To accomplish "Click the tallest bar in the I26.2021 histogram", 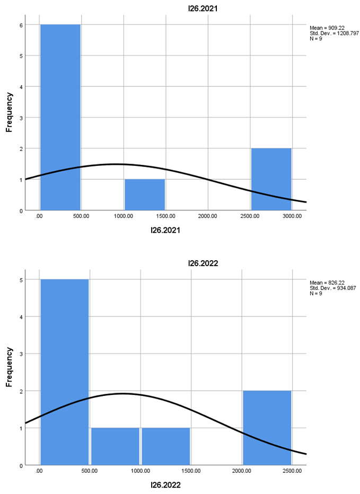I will [x=60, y=117].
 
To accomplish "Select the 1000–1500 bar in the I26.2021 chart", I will [x=144, y=195].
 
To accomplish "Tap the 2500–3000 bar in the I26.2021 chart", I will [x=271, y=179].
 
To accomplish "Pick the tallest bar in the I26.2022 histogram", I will [x=64, y=371].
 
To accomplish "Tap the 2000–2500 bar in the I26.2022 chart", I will [x=267, y=427].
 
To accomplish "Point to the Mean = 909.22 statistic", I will [x=327, y=28].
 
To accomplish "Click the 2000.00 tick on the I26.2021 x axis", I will [x=207, y=216].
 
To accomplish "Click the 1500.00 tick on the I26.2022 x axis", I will [x=191, y=470].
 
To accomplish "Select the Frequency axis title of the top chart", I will [x=9, y=112].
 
